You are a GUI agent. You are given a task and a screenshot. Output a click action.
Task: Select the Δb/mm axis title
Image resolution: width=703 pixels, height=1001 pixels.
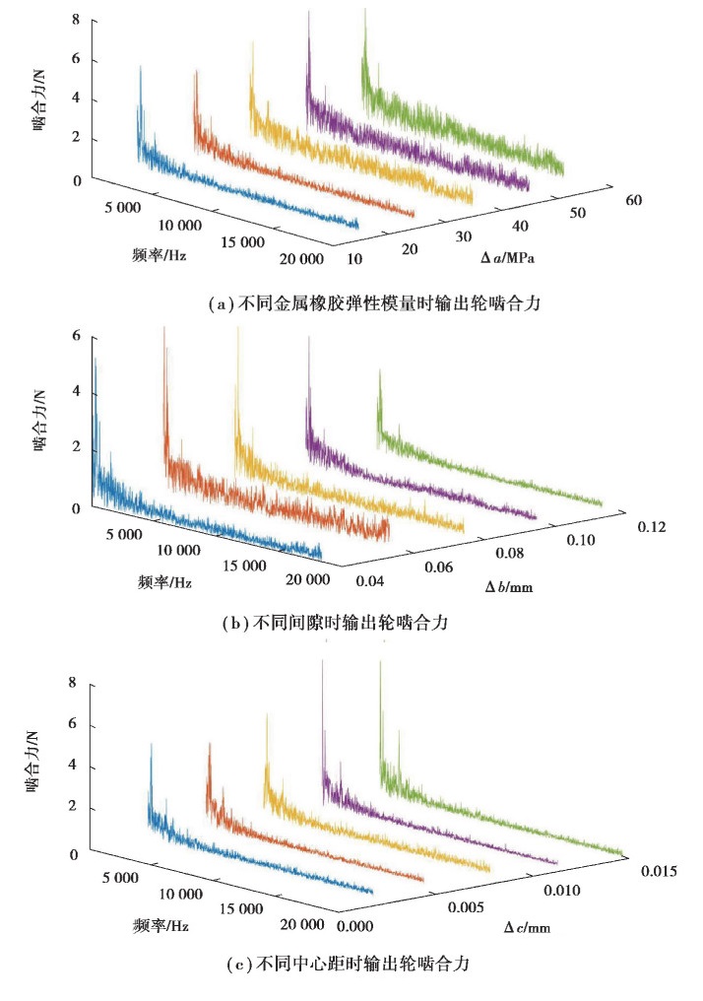511,587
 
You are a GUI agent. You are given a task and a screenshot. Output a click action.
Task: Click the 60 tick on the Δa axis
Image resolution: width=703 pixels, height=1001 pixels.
632,200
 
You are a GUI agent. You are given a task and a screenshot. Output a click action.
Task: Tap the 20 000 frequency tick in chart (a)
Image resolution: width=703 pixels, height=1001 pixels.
300,260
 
